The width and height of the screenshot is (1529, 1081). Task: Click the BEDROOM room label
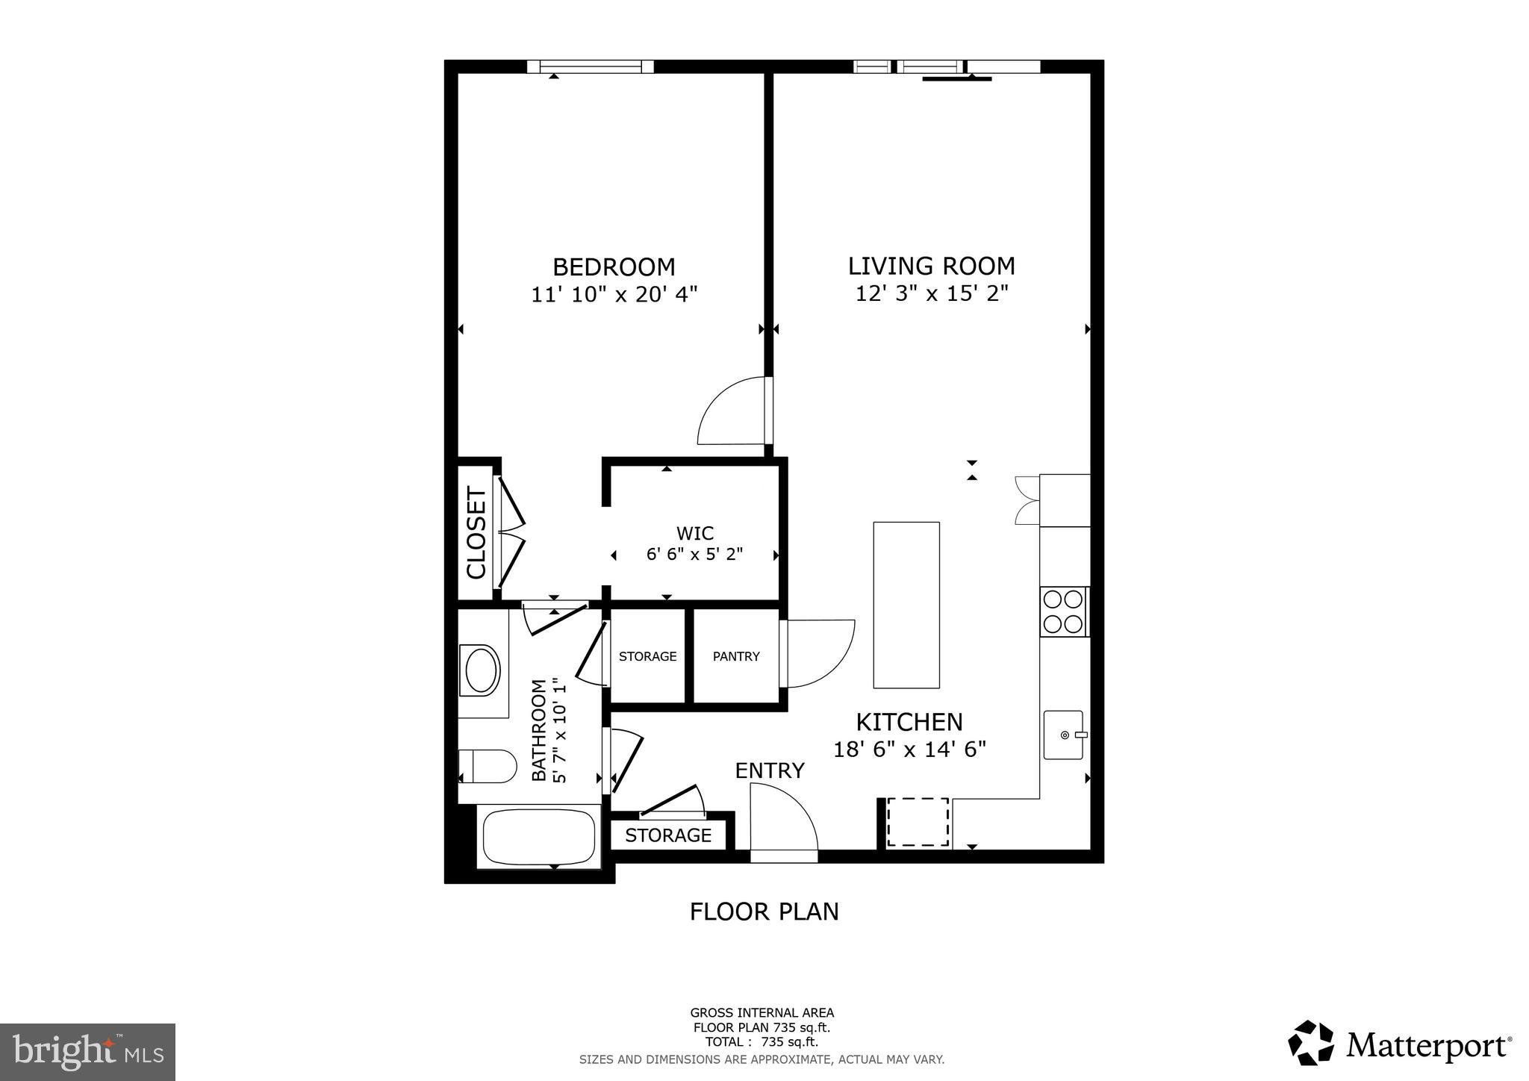coord(614,267)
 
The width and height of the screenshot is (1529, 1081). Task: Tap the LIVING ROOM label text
coord(931,266)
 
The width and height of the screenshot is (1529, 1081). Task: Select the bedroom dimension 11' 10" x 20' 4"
coord(614,294)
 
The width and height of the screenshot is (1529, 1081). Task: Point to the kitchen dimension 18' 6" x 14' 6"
coord(909,749)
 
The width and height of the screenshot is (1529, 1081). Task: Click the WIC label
coord(694,533)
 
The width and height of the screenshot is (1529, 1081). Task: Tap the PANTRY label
coord(735,656)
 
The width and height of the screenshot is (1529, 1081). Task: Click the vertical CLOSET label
coord(476,532)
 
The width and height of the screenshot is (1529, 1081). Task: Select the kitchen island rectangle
coord(906,605)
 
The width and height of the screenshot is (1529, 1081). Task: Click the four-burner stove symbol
coord(1063,611)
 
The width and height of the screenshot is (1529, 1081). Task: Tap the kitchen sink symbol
coord(1063,735)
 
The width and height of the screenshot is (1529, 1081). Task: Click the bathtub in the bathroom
coord(539,837)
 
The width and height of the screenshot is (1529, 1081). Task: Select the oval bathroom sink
coord(482,670)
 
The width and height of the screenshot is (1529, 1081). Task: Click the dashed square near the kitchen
coord(918,822)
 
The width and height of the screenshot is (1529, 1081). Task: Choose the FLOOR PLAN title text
coord(764,912)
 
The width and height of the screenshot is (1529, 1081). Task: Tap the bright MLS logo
coord(87,1052)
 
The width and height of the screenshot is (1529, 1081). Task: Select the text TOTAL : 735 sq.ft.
coord(762,1042)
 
